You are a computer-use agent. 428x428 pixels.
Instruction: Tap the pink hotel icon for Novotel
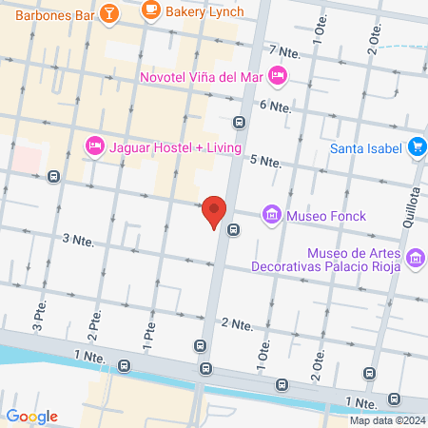point(278,74)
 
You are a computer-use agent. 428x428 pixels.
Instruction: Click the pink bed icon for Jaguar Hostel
point(94,146)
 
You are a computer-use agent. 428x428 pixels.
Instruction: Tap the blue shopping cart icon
point(417,147)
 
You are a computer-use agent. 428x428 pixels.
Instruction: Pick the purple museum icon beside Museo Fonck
point(272,216)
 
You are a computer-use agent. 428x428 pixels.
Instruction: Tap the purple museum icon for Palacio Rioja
point(415,257)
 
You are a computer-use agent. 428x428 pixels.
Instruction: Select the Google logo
point(31,416)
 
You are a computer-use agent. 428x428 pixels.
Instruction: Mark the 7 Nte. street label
point(284,50)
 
